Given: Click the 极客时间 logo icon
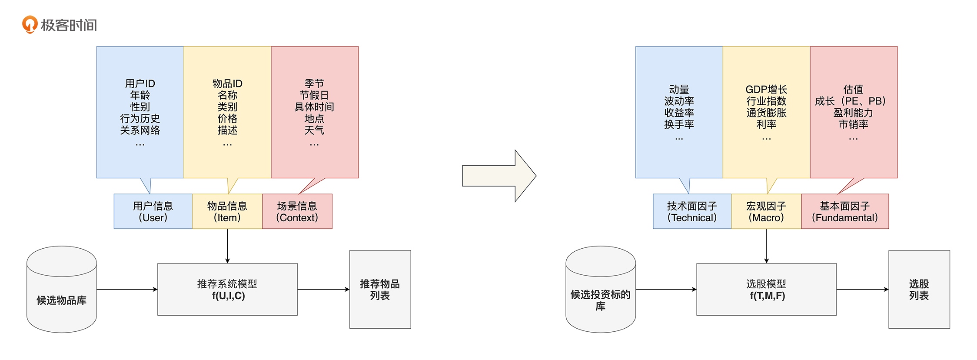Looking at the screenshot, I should pyautogui.click(x=30, y=24).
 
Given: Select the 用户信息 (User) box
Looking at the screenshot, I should pyautogui.click(x=153, y=211).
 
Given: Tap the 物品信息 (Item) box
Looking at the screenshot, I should pyautogui.click(x=227, y=211).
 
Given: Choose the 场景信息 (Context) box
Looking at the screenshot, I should pyautogui.click(x=297, y=211).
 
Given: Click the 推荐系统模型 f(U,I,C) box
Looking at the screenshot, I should pyautogui.click(x=227, y=290).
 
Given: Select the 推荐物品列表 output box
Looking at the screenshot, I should pyautogui.click(x=380, y=290).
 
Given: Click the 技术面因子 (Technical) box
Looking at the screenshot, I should pyautogui.click(x=692, y=211).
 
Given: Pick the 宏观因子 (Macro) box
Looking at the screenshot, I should pyautogui.click(x=766, y=211).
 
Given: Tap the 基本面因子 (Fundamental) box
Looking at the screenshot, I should pyautogui.click(x=845, y=211).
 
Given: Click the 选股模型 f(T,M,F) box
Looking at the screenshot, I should pyautogui.click(x=766, y=290).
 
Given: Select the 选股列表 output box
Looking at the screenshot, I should pyautogui.click(x=919, y=290).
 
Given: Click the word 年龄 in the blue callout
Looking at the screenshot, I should pyautogui.click(x=140, y=95).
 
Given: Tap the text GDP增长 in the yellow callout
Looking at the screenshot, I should pyautogui.click(x=766, y=90).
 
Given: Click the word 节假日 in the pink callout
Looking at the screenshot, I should pyautogui.click(x=314, y=95).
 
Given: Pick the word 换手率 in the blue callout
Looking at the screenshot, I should pyautogui.click(x=679, y=124).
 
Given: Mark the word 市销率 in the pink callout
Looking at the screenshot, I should pyautogui.click(x=853, y=124).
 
